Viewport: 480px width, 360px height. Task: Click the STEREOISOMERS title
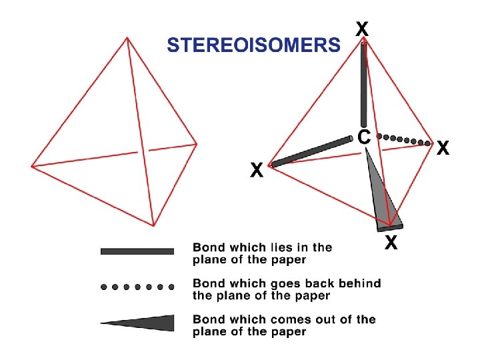coord(253,45)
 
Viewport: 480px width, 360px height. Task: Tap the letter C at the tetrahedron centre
coord(364,137)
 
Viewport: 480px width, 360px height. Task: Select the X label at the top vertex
coord(362,29)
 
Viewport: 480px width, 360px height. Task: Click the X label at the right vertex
coord(443,148)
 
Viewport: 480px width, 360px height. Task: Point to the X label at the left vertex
coord(256,171)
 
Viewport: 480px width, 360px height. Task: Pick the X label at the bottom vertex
coord(391,243)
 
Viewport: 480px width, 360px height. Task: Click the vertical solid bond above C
coord(363,83)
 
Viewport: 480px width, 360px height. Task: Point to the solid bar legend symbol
coord(137,251)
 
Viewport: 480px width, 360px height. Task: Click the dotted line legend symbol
coord(137,287)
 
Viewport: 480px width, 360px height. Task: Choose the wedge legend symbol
coord(143,323)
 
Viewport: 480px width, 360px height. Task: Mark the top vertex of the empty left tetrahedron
coord(127,38)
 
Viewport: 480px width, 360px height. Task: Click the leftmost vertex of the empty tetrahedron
coord(31,166)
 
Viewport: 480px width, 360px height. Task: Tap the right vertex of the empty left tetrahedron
coord(197,143)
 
